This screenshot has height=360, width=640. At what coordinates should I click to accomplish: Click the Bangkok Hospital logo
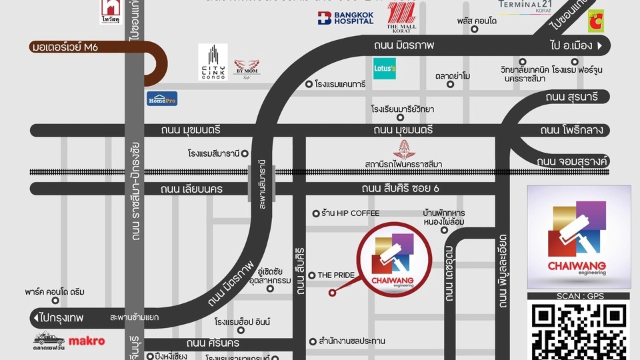click(345, 18)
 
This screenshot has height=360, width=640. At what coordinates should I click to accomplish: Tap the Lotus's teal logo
click(385, 68)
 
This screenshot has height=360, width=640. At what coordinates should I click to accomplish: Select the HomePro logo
click(162, 99)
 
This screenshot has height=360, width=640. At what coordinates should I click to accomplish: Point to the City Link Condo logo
click(213, 62)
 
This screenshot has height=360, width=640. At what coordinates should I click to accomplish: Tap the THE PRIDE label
click(335, 275)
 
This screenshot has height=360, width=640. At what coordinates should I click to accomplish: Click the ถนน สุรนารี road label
click(571, 97)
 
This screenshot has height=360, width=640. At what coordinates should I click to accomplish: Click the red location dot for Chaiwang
click(331, 292)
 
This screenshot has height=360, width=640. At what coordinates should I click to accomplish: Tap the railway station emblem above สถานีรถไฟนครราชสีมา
click(404, 148)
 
